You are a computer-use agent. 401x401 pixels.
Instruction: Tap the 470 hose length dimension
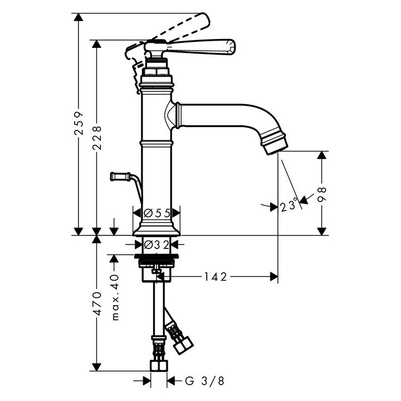97,304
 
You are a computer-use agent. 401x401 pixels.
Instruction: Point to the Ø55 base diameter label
157,213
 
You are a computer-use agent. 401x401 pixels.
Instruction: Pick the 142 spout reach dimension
215,276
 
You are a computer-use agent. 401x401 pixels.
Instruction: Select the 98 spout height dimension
321,193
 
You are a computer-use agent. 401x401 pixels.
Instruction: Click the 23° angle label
288,207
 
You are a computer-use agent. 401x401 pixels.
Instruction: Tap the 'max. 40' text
116,297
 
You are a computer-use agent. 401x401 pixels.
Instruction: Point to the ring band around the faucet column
157,143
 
